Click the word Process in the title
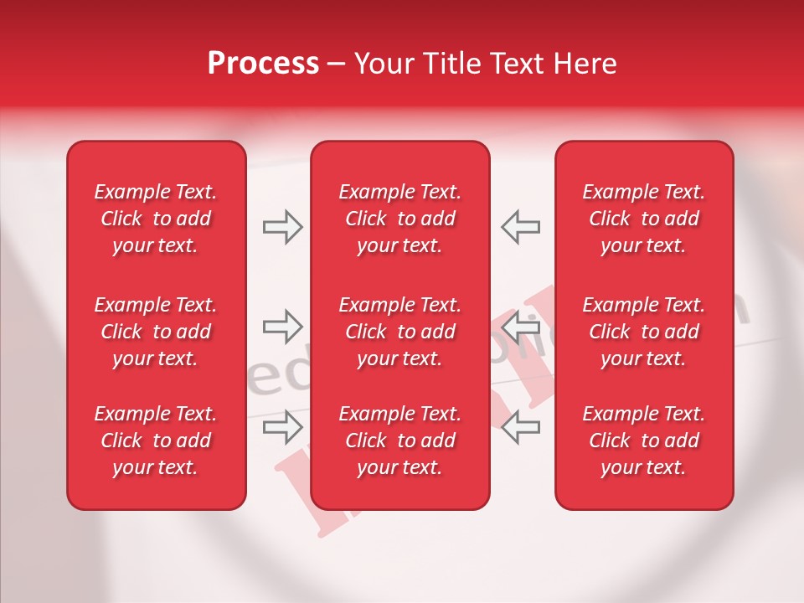click(x=263, y=64)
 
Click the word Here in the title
click(x=585, y=64)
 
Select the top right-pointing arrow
click(x=282, y=227)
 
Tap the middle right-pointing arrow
click(x=282, y=327)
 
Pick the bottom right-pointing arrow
click(x=282, y=427)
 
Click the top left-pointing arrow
click(x=520, y=227)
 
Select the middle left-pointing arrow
click(x=520, y=327)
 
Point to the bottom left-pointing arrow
click(x=520, y=427)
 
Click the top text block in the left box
click(x=156, y=219)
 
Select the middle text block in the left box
click(x=156, y=332)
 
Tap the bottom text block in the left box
click(x=156, y=441)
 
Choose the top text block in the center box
click(x=399, y=219)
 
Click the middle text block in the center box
click(x=399, y=332)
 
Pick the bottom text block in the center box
click(x=399, y=441)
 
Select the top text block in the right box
click(x=644, y=219)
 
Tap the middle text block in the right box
click(x=644, y=332)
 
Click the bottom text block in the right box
click(x=644, y=441)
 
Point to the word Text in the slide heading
click(x=517, y=64)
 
